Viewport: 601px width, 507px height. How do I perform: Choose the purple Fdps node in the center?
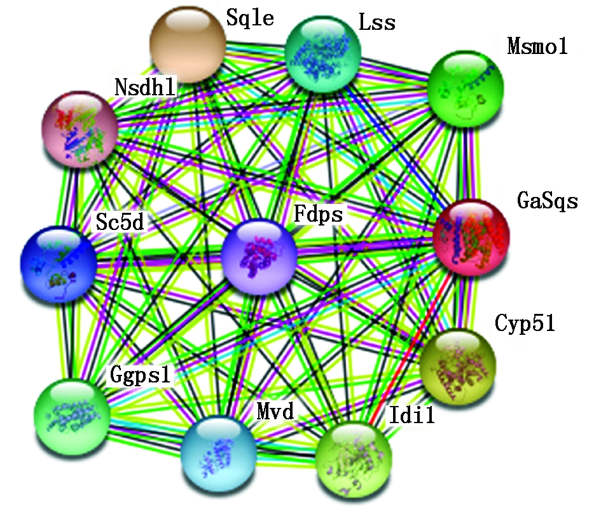[259, 257]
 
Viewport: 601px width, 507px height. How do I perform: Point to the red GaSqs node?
[471, 237]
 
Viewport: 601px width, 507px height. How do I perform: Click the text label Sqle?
[250, 19]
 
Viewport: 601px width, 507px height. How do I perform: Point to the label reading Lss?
[376, 24]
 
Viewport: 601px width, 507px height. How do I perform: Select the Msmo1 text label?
[537, 46]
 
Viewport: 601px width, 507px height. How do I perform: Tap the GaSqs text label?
[547, 201]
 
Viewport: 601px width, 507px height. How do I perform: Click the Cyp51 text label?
[525, 323]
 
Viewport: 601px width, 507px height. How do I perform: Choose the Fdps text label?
[317, 214]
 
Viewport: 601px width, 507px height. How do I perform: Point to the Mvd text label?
[275, 412]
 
